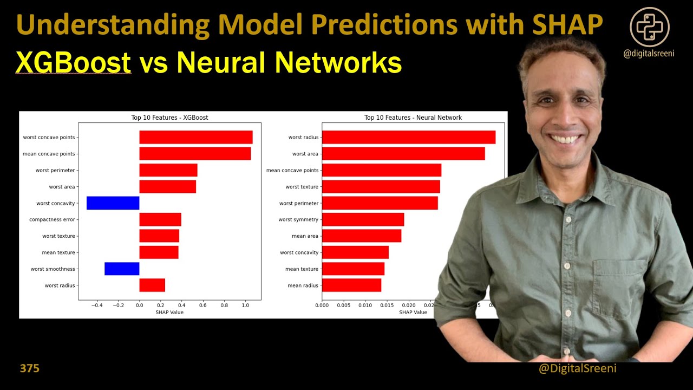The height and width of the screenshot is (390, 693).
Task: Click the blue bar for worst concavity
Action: (x=113, y=203)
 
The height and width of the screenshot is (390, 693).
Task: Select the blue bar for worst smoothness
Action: (x=122, y=269)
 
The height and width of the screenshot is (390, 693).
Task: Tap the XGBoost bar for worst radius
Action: (x=152, y=285)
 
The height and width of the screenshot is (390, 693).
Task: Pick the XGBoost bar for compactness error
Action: (x=160, y=219)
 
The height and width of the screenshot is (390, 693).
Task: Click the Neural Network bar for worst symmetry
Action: (x=363, y=219)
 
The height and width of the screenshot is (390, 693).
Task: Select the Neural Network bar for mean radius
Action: (x=351, y=285)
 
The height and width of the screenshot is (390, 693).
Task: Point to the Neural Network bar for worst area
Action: (x=403, y=154)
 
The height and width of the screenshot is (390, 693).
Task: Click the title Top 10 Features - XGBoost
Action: (x=169, y=118)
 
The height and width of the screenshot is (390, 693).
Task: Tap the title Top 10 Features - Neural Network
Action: (x=413, y=118)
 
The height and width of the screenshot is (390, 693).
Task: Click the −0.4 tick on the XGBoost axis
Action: (x=97, y=305)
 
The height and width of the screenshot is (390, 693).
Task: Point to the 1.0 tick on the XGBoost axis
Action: (x=245, y=305)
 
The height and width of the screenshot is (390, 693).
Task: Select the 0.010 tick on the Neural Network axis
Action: (x=365, y=305)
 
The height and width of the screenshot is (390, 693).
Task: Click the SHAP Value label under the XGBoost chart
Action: (x=169, y=312)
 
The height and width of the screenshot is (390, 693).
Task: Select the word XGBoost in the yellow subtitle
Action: (x=74, y=63)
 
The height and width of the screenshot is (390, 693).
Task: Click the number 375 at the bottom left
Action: (x=30, y=368)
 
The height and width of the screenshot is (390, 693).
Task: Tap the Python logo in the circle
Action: (x=650, y=27)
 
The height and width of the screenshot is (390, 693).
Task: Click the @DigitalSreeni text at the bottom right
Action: (x=578, y=368)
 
